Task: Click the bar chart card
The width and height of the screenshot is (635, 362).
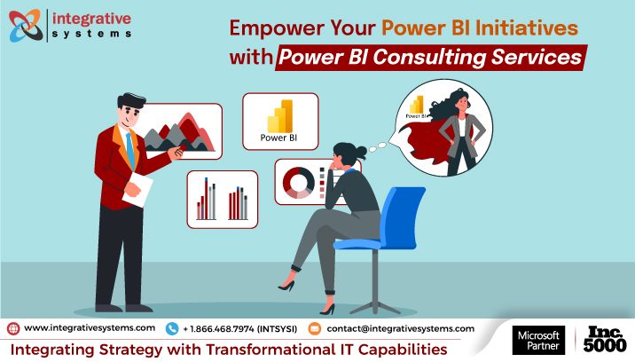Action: [x=222, y=199]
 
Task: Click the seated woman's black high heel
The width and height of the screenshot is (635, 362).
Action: [x=287, y=285]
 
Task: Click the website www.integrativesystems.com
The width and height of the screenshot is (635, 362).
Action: [x=90, y=327]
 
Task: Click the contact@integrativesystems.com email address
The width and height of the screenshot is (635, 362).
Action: [x=400, y=327]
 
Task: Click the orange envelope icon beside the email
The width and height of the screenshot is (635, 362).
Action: [x=313, y=328]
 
